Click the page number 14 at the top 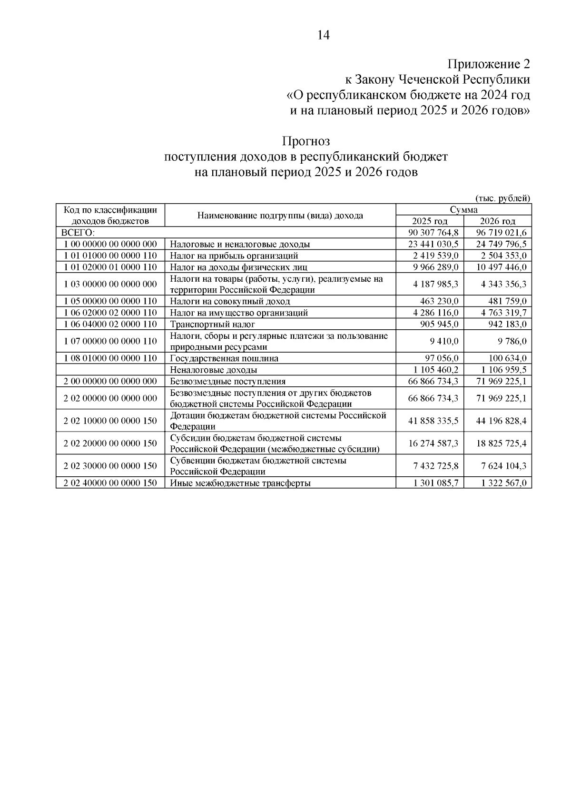(x=323, y=35)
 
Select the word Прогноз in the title (x=305, y=141)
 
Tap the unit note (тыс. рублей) (x=502, y=198)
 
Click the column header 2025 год (x=430, y=221)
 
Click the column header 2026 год (x=498, y=221)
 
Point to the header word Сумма (x=463, y=210)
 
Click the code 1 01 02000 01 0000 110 (x=110, y=267)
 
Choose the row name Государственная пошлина (x=224, y=358)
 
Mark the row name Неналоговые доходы (x=214, y=370)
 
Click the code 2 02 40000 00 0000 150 (x=110, y=483)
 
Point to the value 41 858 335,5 (x=433, y=421)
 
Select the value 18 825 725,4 (x=501, y=443)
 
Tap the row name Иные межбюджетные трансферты (x=240, y=483)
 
